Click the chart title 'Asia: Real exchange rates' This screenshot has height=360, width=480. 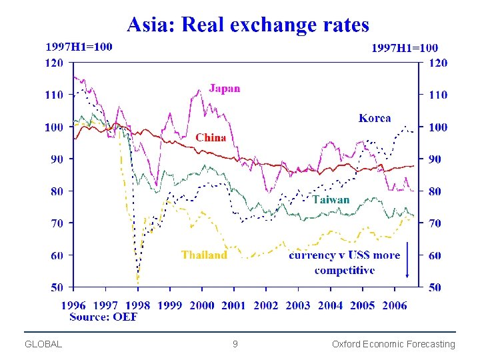[x=248, y=25]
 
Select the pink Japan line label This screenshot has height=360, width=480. [x=225, y=88]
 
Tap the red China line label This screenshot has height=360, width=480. [x=211, y=137]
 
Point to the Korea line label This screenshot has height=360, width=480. [x=375, y=118]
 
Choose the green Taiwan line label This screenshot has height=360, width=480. [x=331, y=199]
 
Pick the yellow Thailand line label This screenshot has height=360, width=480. [x=204, y=255]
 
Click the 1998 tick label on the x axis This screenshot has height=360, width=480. [x=138, y=305]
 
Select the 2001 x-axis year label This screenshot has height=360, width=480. [x=233, y=305]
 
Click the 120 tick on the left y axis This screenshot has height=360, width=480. [x=54, y=63]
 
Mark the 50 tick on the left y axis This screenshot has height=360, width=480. [x=57, y=287]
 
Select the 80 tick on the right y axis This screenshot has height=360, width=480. [x=434, y=191]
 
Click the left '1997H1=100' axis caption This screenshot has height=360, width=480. [x=79, y=47]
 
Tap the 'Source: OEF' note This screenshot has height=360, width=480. [x=103, y=317]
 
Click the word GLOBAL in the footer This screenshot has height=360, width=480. [x=43, y=344]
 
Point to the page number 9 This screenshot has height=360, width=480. [x=235, y=344]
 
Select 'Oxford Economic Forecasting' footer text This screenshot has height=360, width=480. [x=393, y=344]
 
